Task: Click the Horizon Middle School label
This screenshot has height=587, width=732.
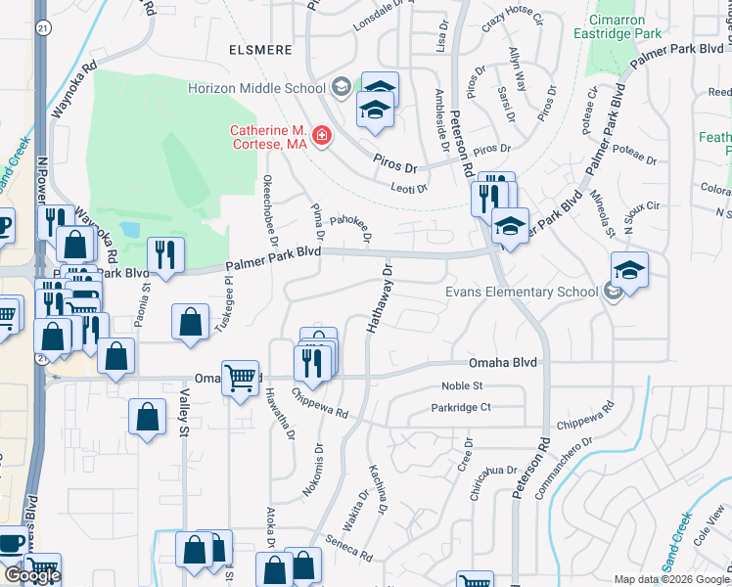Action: click(256, 88)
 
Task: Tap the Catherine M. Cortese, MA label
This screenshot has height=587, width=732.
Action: click(269, 137)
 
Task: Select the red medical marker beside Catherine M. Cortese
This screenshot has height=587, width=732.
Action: click(322, 136)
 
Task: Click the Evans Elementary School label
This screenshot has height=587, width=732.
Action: click(521, 292)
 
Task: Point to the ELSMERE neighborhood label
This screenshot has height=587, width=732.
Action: click(260, 45)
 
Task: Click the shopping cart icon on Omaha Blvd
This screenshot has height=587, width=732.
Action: click(240, 377)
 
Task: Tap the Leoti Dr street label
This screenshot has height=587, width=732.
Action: click(409, 189)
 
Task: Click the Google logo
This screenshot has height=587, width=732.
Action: click(32, 575)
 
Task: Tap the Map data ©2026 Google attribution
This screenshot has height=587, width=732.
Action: click(671, 579)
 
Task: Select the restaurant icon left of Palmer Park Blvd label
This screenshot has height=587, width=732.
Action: click(166, 256)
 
